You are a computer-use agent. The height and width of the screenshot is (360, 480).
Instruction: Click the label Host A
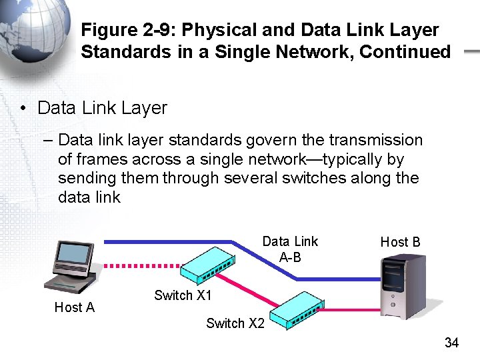pos(74,307)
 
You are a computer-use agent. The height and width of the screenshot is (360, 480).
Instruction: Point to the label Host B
pos(400,242)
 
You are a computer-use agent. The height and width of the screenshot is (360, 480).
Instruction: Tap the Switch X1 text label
pos(183,295)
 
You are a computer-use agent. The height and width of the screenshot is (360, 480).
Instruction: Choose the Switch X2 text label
pos(235,323)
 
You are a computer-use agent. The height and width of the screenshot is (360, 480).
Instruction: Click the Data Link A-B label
pos(290,249)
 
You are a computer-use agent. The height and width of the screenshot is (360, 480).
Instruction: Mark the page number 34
pos(451,343)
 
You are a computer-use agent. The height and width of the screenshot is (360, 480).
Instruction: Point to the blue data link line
pos(167,241)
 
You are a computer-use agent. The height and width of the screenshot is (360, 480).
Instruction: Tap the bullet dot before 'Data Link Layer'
pos(23,108)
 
